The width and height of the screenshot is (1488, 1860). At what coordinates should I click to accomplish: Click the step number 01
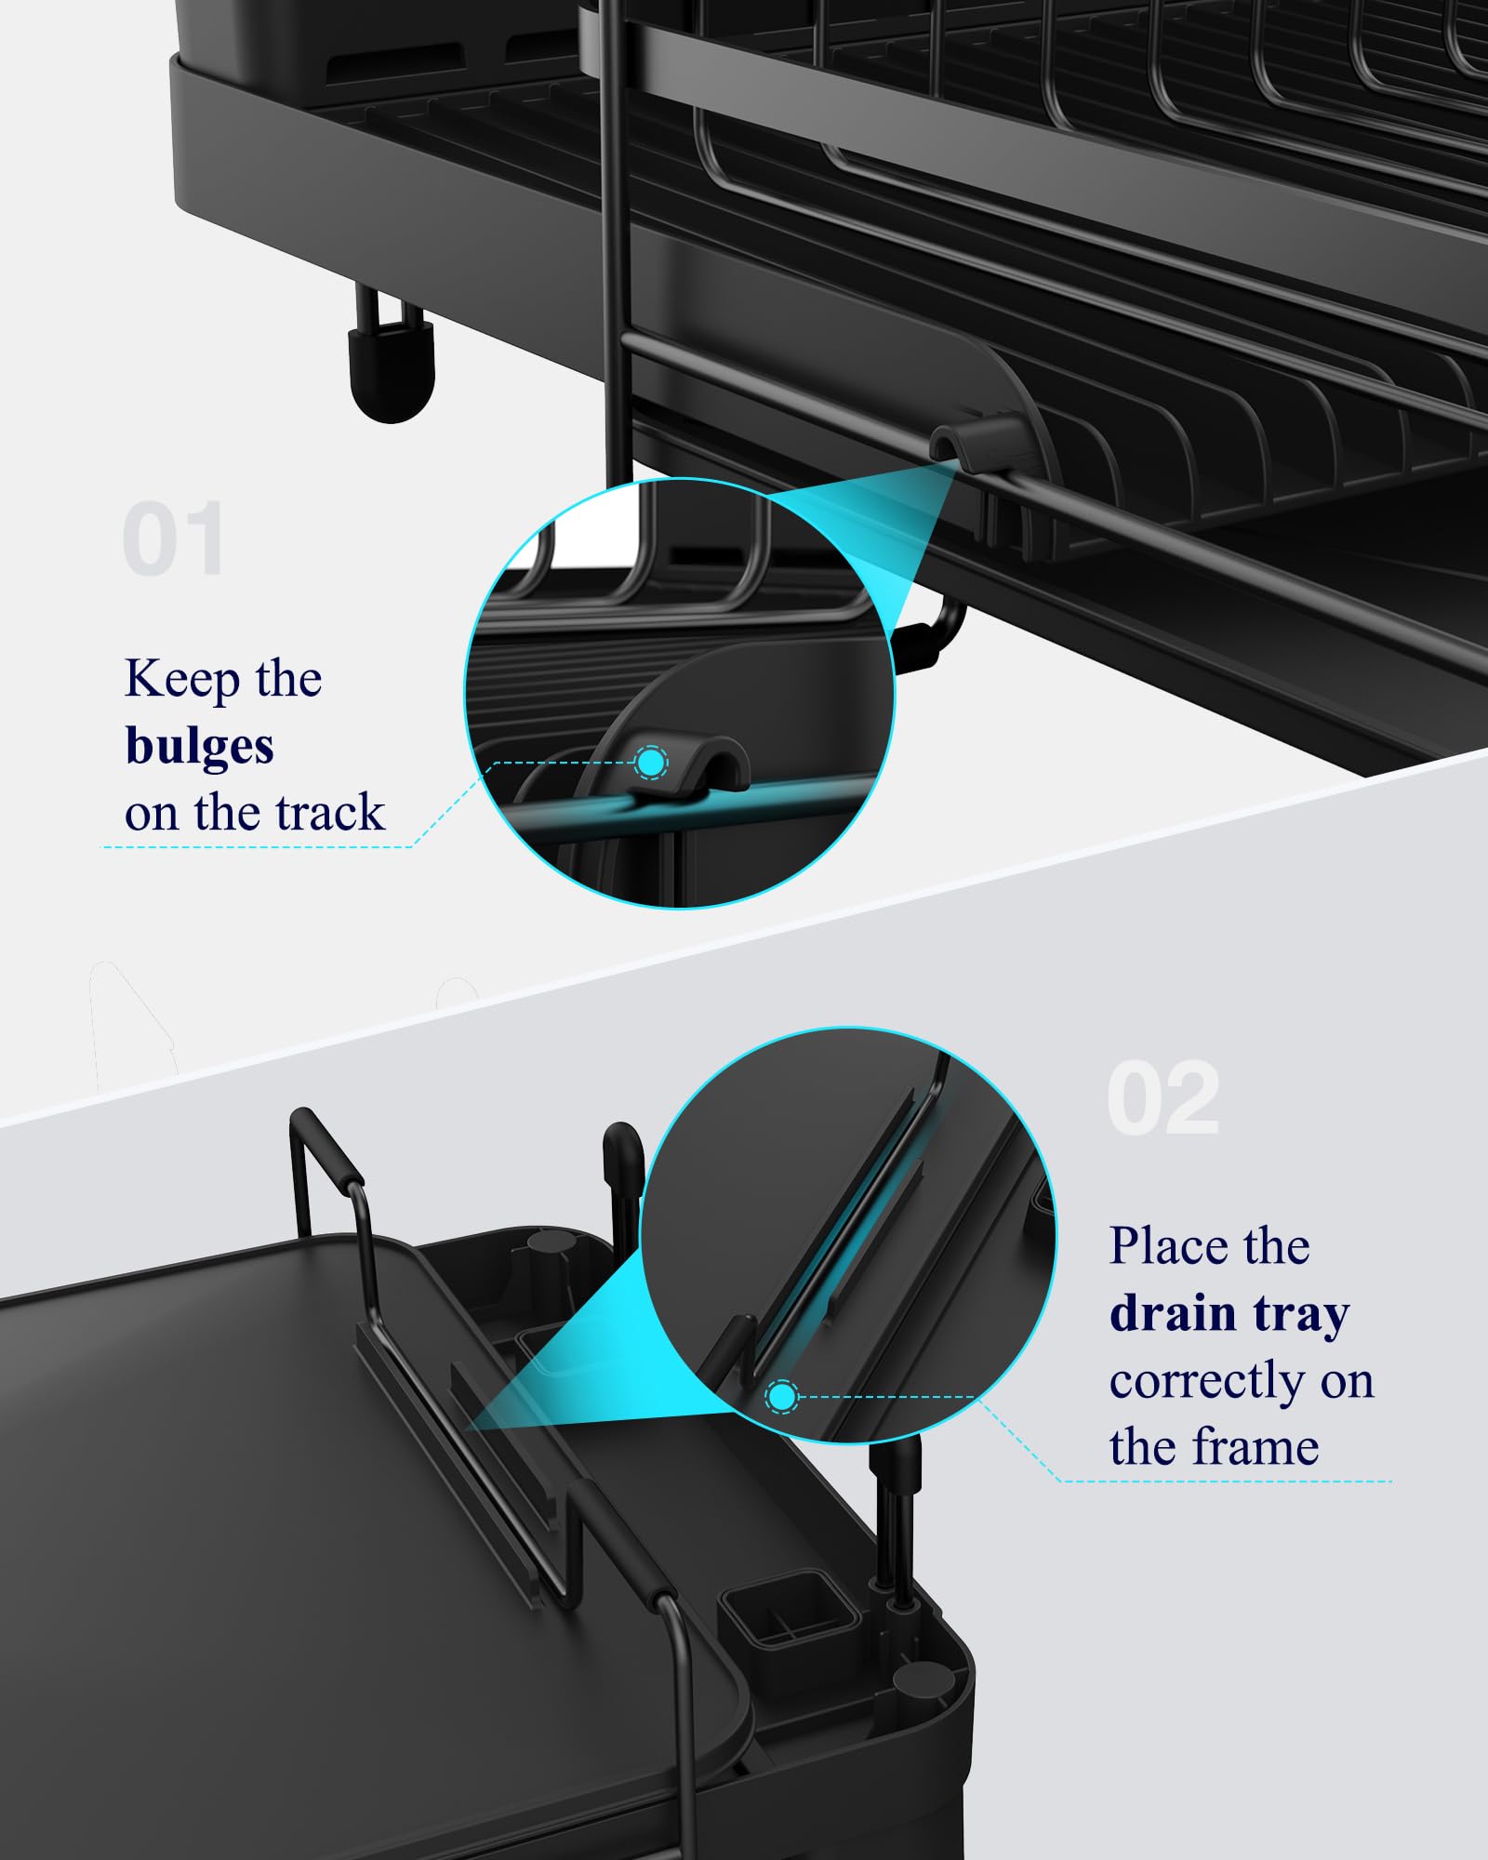[174, 539]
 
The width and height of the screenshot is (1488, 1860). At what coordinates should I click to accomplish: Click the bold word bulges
[199, 747]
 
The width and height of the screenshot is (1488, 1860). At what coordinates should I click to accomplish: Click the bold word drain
[1172, 1314]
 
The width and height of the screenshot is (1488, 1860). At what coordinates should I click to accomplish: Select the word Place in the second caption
[1162, 1247]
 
